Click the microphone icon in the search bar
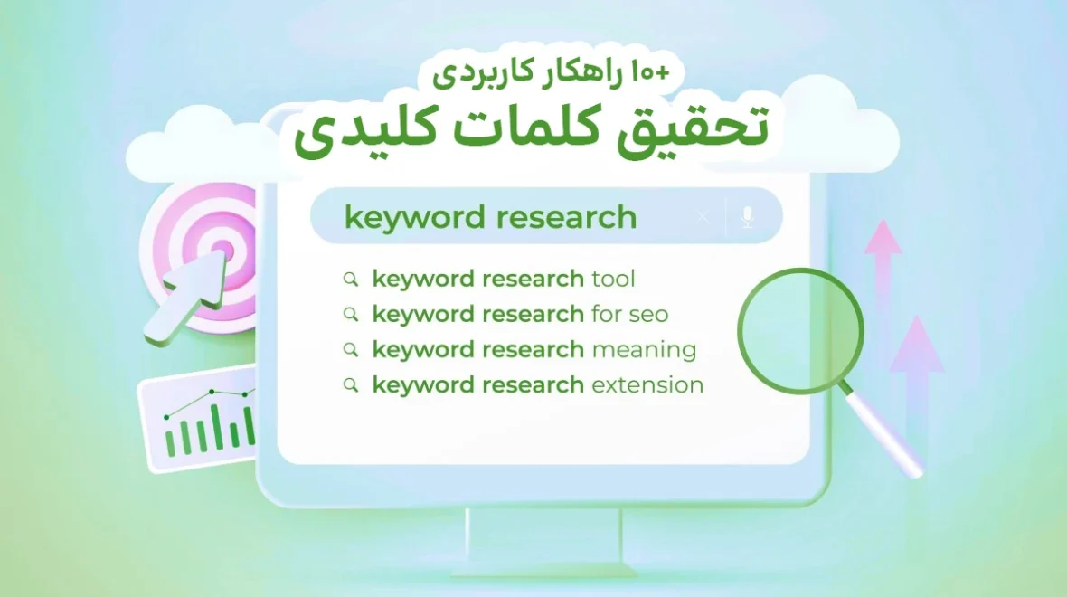pos(747,217)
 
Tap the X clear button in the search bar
pos(703,217)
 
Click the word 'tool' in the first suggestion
pos(614,279)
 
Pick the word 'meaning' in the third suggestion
pos(644,350)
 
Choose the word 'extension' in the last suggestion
pos(647,385)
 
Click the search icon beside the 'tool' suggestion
pos(351,280)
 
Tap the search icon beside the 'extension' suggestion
pos(351,386)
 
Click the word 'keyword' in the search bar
pos(411,218)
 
